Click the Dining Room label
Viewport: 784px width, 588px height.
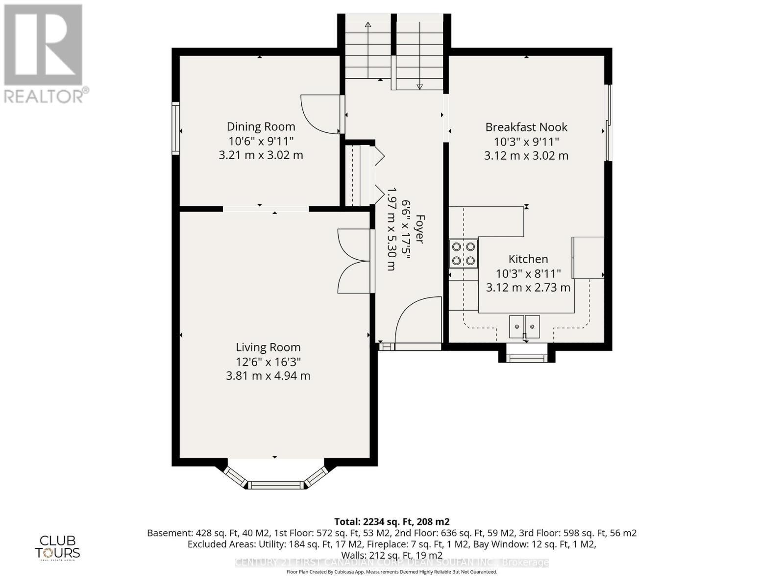point(261,126)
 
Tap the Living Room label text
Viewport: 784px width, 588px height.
point(268,347)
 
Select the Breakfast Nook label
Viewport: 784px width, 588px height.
point(526,127)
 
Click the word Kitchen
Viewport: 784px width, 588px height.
point(528,259)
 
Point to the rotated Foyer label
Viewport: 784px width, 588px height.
point(419,229)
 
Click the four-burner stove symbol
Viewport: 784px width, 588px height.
point(464,253)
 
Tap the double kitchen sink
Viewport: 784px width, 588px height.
point(524,327)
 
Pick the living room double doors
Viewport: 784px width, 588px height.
point(354,261)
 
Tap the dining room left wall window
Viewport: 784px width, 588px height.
point(175,128)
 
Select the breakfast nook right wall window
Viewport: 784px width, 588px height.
point(608,122)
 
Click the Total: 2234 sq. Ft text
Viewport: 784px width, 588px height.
point(392,521)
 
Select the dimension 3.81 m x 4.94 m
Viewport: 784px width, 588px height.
point(268,376)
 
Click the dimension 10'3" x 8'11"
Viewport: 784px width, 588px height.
point(528,273)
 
